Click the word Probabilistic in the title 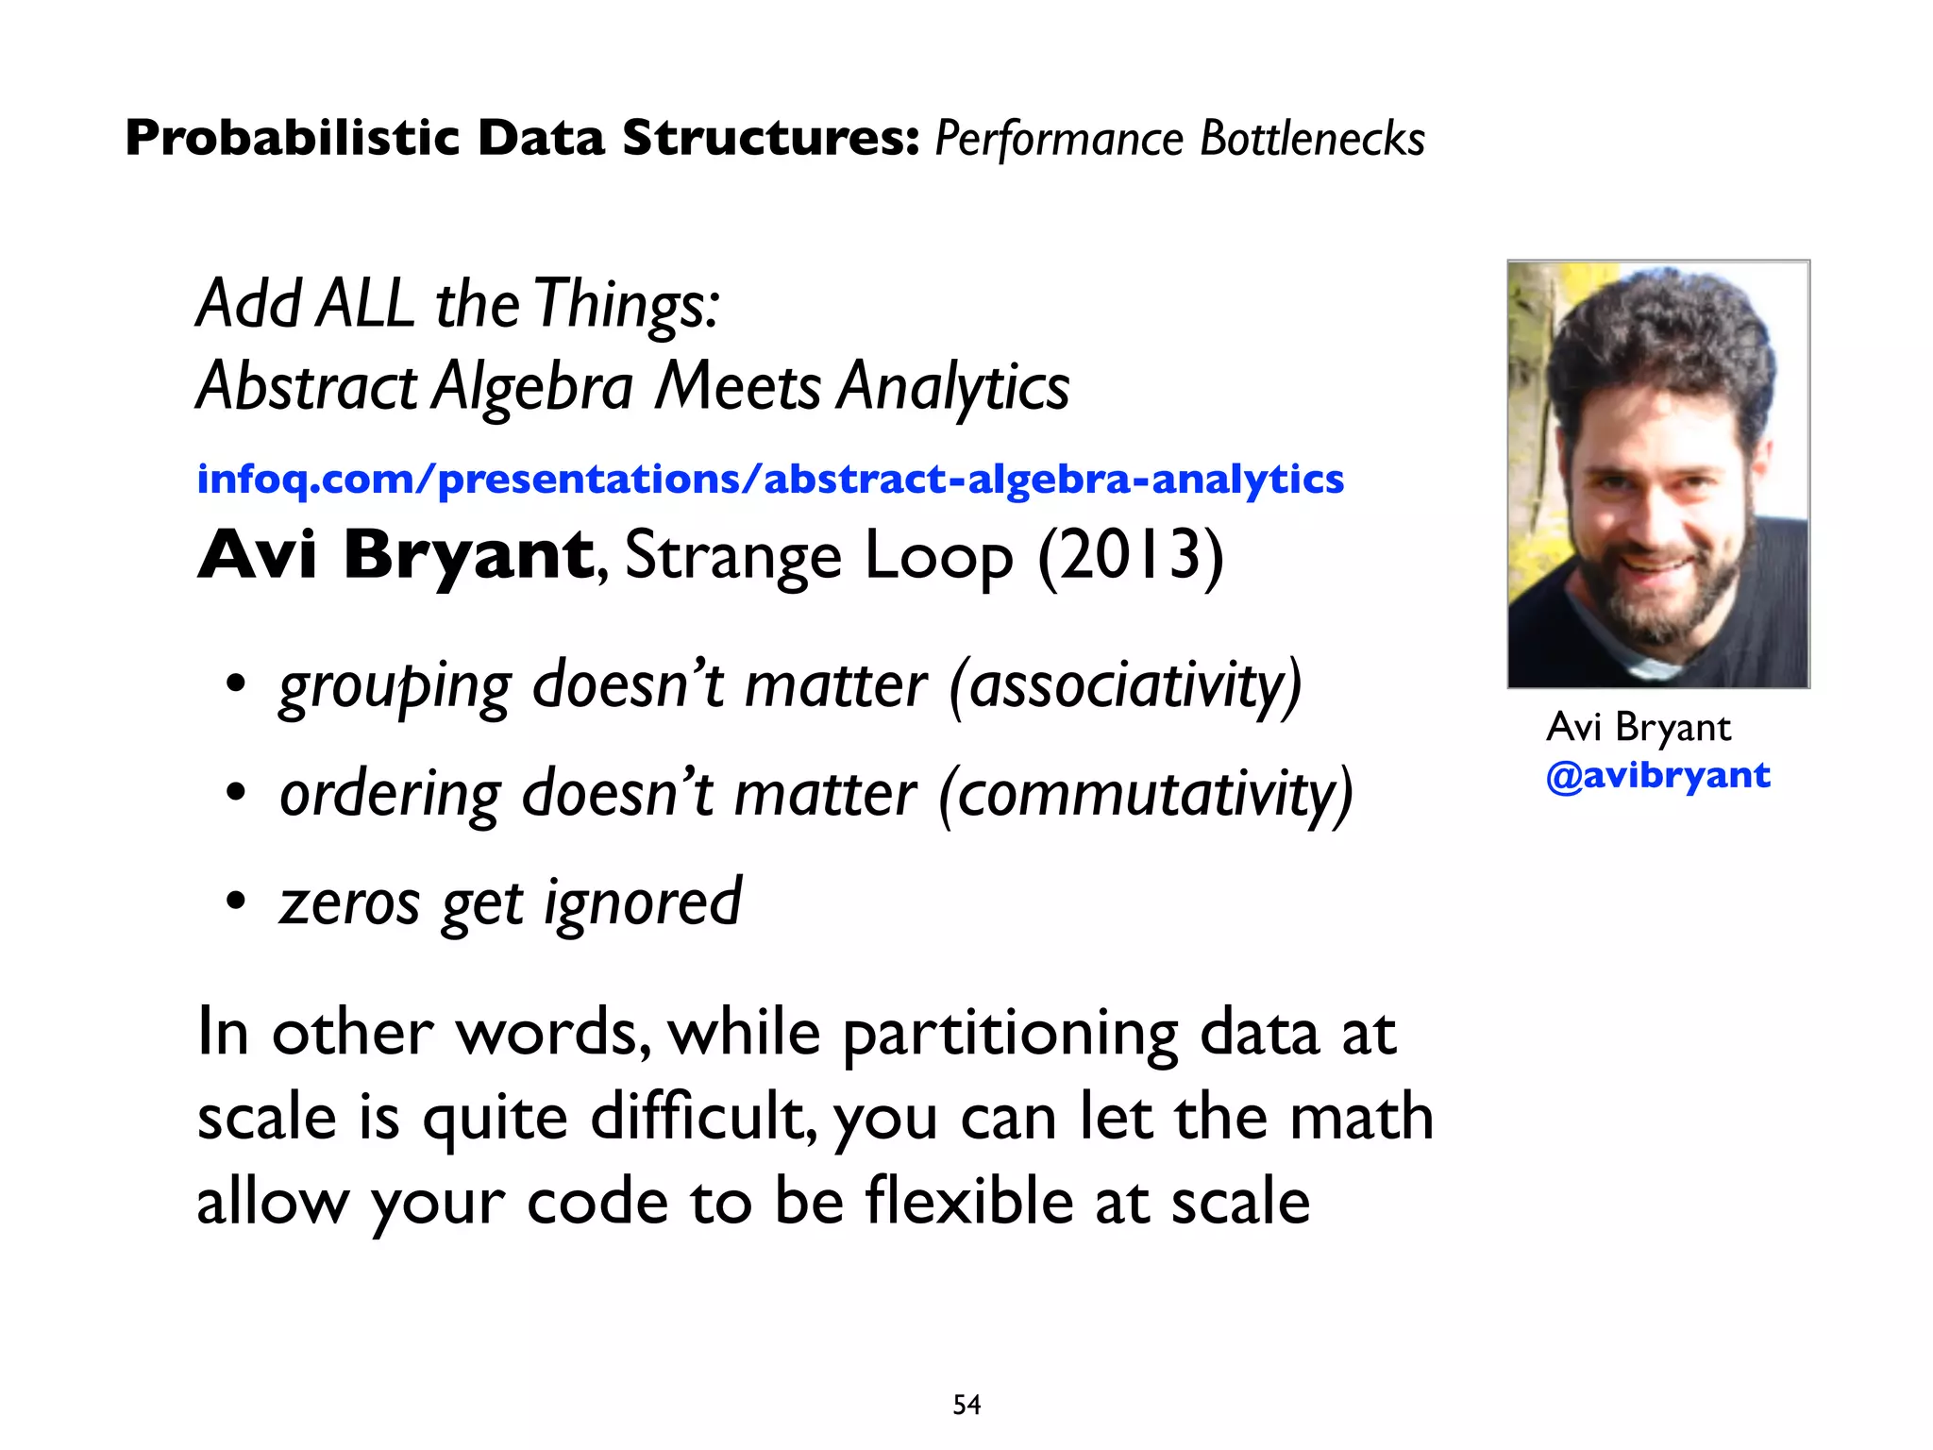[293, 139]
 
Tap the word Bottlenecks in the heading [1312, 139]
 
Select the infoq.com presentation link [769, 480]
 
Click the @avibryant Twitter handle [1657, 776]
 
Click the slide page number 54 [966, 1405]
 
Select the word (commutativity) [1146, 793]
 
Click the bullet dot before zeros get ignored [236, 902]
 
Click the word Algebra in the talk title [532, 387]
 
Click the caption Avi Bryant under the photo [1639, 727]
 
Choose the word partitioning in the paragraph [1010, 1034]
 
